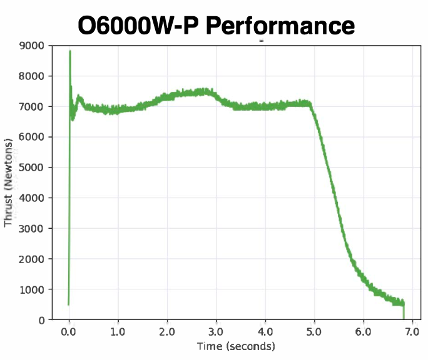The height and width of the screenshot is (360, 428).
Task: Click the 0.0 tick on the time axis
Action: pyautogui.click(x=69, y=332)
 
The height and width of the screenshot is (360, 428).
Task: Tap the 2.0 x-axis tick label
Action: pyautogui.click(x=167, y=332)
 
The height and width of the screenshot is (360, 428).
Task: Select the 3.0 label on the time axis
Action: pyautogui.click(x=216, y=332)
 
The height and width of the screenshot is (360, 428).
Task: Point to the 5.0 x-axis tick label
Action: pyautogui.click(x=314, y=332)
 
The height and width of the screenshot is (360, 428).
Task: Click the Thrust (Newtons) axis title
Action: pyautogui.click(x=9, y=181)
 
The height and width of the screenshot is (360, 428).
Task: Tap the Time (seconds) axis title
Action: pyautogui.click(x=235, y=346)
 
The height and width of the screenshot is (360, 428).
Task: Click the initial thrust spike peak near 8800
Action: pyautogui.click(x=70, y=51)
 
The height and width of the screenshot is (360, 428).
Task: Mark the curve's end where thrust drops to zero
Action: pyautogui.click(x=404, y=319)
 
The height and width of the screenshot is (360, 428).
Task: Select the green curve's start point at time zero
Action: pyautogui.click(x=68, y=304)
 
